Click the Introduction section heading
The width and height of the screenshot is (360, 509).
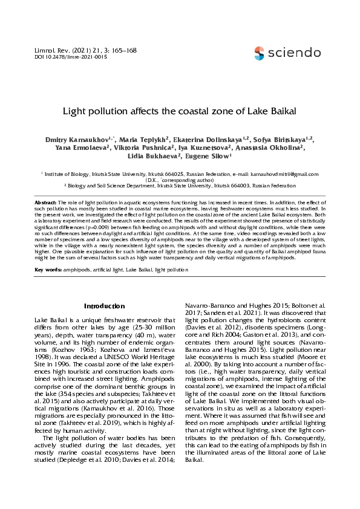(x=105, y=306)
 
